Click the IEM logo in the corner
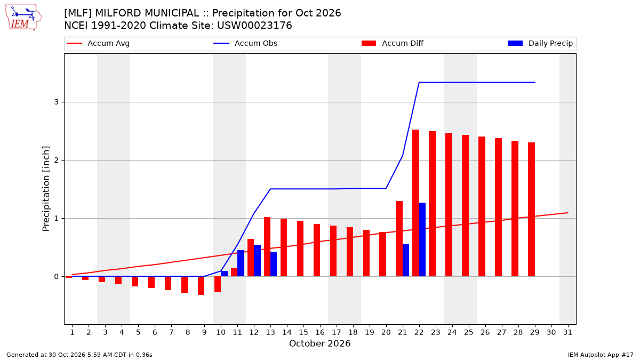point(23,18)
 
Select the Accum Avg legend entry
point(98,43)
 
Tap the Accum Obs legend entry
point(245,43)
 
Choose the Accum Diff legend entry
point(393,43)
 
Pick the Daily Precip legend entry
point(540,43)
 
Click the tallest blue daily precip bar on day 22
point(422,239)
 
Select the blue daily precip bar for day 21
point(406,260)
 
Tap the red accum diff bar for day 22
point(415,203)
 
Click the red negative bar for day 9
point(201,285)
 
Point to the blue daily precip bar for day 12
point(257,261)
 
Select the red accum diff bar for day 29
point(531,210)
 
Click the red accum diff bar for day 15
point(300,249)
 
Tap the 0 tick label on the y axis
point(57,277)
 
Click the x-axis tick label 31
point(567,332)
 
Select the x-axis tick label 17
point(337,332)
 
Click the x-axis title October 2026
point(319,343)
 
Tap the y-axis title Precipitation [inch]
point(46,189)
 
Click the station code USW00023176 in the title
point(254,26)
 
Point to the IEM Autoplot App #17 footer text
point(601,355)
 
